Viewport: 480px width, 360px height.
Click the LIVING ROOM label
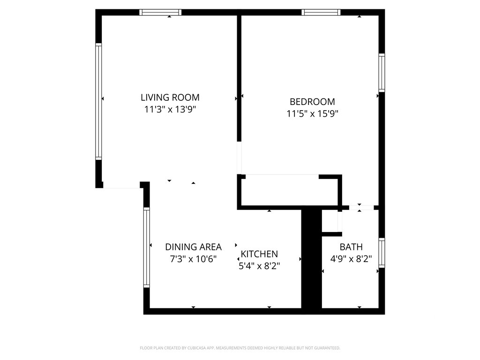pos(170,97)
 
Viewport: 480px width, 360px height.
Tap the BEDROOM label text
pos(312,102)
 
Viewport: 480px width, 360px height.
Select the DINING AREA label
pos(193,247)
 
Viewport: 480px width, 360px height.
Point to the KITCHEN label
pos(259,254)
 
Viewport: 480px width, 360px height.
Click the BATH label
pos(351,247)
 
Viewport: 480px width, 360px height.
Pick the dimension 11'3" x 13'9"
pos(170,110)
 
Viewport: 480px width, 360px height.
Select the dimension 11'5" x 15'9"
pos(312,113)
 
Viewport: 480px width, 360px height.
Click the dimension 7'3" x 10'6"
pos(193,259)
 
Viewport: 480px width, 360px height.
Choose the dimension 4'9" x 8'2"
pos(351,259)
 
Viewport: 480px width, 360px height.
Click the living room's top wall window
pos(160,13)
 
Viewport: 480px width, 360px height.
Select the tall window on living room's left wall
pos(98,101)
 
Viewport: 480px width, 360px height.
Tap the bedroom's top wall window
pos(322,13)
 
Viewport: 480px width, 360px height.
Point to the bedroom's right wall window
pos(382,73)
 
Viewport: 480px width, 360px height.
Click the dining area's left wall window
pos(146,247)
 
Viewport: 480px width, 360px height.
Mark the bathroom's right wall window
pos(382,253)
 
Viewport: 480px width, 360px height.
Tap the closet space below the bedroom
pos(288,191)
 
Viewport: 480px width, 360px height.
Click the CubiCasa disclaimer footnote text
pos(240,348)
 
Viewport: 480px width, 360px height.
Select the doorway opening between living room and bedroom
pos(240,157)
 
